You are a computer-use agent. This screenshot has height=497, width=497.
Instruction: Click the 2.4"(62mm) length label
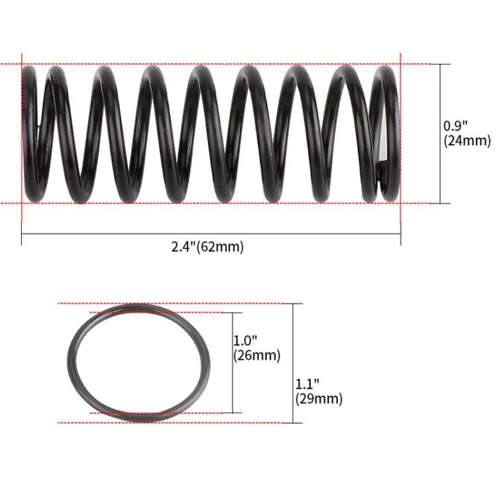(x=207, y=247)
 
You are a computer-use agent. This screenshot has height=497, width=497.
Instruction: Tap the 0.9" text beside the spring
(x=455, y=126)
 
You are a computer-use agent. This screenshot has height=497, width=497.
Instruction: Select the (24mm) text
(x=467, y=140)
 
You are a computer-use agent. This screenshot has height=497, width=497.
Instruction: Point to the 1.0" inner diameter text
(x=245, y=341)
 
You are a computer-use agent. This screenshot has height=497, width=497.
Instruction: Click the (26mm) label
(x=257, y=355)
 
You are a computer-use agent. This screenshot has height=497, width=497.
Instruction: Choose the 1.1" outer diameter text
(x=307, y=384)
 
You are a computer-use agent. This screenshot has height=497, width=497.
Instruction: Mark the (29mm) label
(x=319, y=399)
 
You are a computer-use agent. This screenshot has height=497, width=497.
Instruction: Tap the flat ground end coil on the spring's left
(x=29, y=133)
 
